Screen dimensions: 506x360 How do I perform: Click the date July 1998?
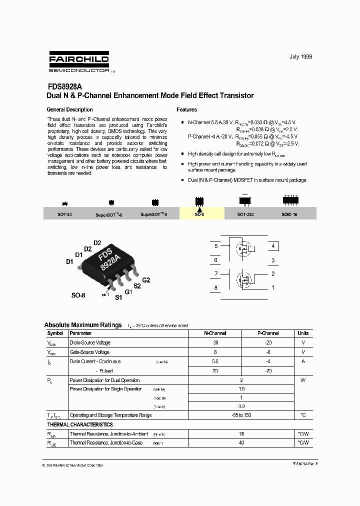pos(300,57)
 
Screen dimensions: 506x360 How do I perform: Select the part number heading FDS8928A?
pos(64,86)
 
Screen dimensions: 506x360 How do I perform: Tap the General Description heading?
pos(69,109)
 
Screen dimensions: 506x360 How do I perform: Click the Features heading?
pos(187,109)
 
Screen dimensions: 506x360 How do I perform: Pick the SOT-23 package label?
pos(64,214)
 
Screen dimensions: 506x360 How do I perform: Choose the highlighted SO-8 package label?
pos(199,214)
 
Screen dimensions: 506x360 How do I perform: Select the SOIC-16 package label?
pos(289,214)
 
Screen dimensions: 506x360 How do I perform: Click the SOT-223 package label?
pos(245,214)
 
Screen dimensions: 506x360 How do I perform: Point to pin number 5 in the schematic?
pos(216,246)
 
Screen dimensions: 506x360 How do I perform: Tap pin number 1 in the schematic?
pos(272,287)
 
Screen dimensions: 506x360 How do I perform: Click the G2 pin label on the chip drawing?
pos(146,280)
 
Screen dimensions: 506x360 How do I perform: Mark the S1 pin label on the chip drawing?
pos(118,297)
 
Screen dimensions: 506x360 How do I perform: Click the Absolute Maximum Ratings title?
pos(82,325)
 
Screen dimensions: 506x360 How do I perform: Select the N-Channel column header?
pos(215,333)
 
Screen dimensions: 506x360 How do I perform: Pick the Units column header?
pos(303,333)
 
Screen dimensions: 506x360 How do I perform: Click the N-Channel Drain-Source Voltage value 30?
pos(215,342)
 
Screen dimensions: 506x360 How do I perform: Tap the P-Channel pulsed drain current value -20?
pos(268,371)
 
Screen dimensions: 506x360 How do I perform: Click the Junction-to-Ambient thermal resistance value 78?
pos(241,434)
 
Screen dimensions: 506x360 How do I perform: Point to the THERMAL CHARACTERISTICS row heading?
pos(80,424)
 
